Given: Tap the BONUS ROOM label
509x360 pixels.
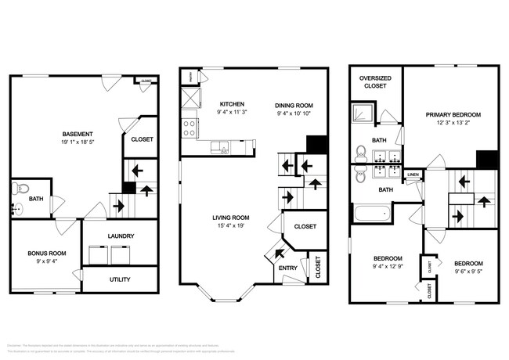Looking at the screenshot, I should pos(48,254).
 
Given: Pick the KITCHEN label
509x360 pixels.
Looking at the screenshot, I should pos(231,103).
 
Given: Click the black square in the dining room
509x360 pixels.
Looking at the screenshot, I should pos(316,146).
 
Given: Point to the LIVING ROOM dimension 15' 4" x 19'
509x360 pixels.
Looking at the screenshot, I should pos(231,227).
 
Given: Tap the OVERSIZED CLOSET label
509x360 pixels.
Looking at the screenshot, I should pos(375,83).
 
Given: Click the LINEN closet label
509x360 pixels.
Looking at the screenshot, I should pos(413,174).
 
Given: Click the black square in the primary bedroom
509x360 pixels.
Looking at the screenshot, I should pos(487,159).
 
